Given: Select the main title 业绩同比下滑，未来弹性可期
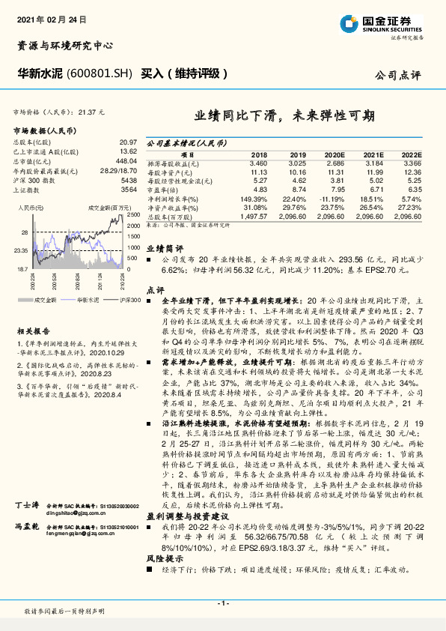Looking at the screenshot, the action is coord(285,116).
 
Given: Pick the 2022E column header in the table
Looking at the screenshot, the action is coord(411,154).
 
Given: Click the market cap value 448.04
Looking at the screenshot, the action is coord(126,161).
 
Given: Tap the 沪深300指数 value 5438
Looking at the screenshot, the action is coord(128,181).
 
